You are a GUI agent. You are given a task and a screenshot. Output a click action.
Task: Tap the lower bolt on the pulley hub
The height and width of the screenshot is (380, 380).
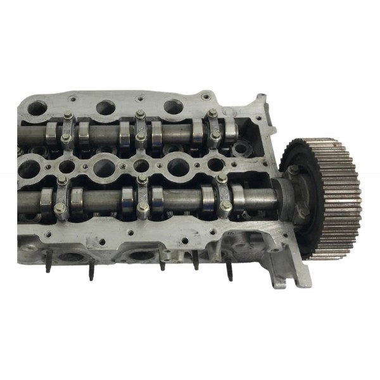[x=302, y=212]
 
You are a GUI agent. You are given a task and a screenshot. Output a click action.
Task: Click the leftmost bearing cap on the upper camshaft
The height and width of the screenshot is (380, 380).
[x=66, y=130]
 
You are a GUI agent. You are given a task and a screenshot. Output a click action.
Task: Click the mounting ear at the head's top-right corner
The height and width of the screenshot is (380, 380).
[x=260, y=105]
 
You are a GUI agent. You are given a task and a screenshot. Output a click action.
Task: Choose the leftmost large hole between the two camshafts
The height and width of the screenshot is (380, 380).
[x=28, y=167]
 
